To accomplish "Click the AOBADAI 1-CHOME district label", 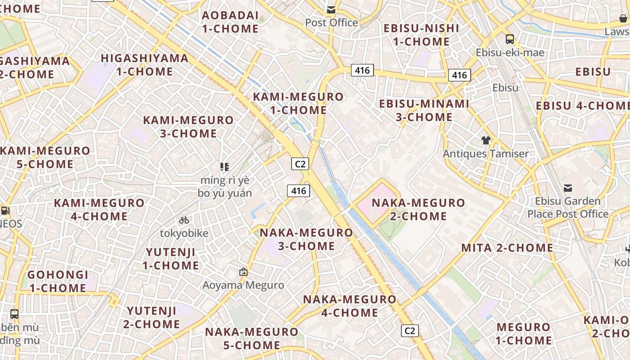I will coord(230,22).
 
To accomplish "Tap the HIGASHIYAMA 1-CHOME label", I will coord(144,65).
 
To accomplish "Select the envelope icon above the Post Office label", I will coord(331,10).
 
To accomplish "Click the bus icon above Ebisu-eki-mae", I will coord(509,39).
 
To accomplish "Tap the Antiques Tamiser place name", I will coord(486,153).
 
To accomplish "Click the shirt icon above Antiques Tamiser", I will coord(486,140).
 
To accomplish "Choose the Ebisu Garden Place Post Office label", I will coord(568,207).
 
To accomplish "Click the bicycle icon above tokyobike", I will coord(184,220).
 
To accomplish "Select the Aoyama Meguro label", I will coord(243,285).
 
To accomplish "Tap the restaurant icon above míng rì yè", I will coord(225,167).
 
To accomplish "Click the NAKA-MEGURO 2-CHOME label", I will coord(418,209).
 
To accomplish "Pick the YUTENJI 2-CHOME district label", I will coord(152,317).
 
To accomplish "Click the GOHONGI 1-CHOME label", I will coord(58,281).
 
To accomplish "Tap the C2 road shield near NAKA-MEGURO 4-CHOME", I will coord(409,331).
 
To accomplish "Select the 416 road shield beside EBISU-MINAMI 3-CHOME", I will coord(459,75).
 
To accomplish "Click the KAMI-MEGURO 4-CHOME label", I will coord(99,209).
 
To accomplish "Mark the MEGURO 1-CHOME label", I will coord(523,333).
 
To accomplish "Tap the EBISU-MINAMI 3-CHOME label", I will coord(424,110).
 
